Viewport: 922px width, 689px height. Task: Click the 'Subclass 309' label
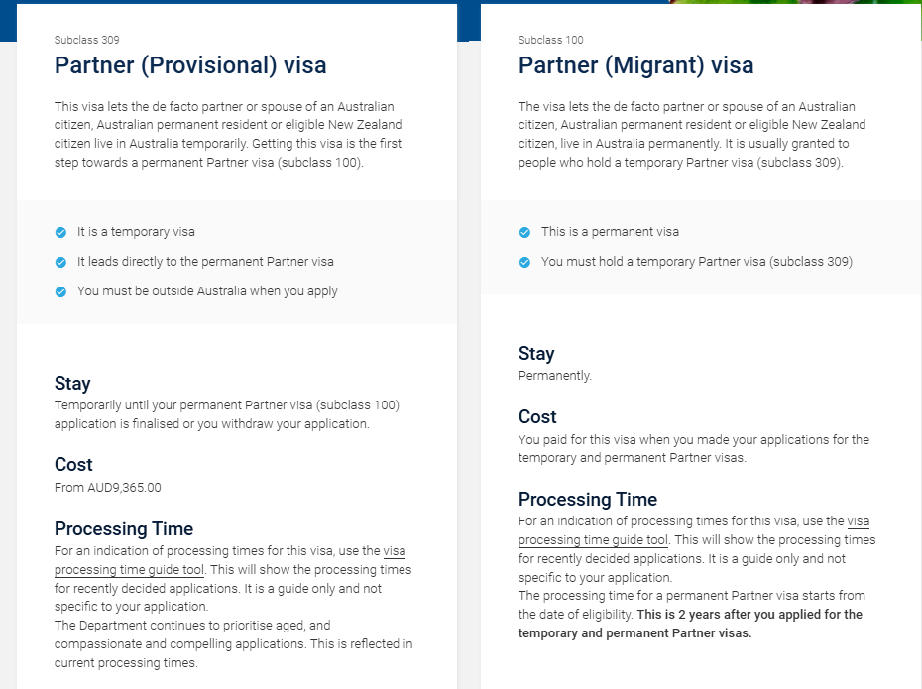(87, 40)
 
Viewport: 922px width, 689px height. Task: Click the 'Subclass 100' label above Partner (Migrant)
(550, 40)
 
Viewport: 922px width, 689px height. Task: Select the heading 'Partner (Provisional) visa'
(190, 65)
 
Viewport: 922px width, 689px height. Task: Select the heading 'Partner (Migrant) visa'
(635, 65)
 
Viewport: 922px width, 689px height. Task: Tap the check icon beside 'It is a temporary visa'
(61, 232)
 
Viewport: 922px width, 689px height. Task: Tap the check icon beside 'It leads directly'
(61, 262)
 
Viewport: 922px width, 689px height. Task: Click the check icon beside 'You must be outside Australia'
(61, 291)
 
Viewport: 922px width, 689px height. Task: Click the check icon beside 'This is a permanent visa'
(524, 232)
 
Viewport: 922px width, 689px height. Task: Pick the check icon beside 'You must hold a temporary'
(524, 262)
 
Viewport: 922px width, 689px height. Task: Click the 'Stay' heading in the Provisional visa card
(72, 384)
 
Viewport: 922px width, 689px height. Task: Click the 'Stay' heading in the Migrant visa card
(536, 354)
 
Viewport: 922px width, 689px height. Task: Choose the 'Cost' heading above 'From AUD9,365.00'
(73, 464)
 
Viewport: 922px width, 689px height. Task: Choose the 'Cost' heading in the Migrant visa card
(537, 417)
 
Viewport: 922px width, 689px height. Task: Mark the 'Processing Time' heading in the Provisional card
(124, 529)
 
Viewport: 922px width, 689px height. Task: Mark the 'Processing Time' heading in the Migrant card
(588, 500)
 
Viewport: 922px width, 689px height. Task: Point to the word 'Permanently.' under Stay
(555, 377)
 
